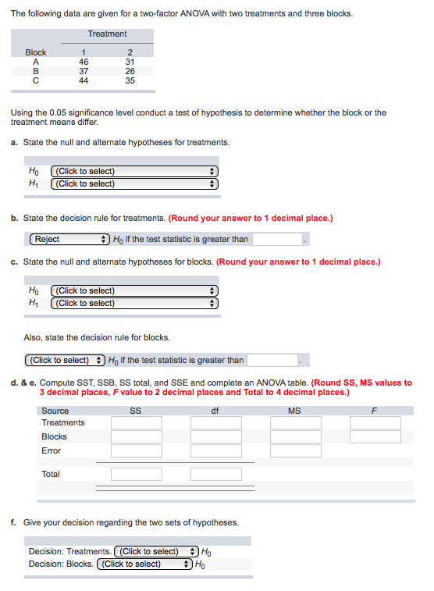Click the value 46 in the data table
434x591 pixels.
84,61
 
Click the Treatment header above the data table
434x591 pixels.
107,34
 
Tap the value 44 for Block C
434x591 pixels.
84,80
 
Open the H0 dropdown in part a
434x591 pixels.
134,171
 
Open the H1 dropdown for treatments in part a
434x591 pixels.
134,183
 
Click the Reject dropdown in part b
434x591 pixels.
69,239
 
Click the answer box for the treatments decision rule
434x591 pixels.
276,239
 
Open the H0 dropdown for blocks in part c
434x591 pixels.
134,290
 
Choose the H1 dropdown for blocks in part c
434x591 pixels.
134,303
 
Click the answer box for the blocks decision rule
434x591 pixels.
272,360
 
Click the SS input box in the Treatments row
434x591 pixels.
136,422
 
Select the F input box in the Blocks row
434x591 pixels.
375,436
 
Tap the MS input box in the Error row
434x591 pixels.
295,450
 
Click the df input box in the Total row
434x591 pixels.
215,474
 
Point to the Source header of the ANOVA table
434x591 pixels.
55,411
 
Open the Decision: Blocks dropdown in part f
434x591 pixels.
144,564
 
